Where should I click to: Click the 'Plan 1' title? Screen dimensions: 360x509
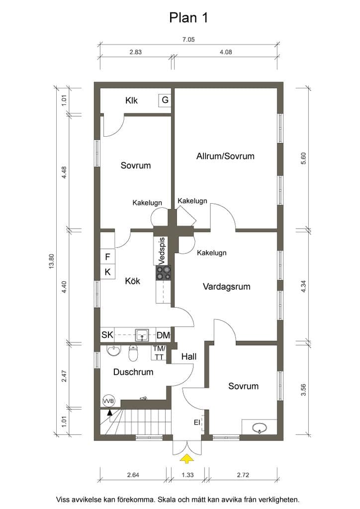188,17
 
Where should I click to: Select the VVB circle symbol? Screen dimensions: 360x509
109,401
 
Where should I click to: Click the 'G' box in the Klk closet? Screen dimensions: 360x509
165,100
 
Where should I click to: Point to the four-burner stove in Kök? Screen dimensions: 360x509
163,273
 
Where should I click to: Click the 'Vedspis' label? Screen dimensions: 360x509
162,251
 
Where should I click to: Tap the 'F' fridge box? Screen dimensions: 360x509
107,257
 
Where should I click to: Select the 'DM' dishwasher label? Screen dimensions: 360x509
163,335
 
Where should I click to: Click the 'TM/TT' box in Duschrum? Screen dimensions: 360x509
159,353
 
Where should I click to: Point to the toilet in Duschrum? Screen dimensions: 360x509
133,353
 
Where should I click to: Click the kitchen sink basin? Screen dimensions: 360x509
142,335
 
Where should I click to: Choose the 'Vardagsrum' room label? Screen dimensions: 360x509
227,287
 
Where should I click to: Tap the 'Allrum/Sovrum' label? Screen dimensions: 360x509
225,156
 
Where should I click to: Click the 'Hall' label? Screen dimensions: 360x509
189,357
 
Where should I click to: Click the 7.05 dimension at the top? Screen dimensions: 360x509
188,40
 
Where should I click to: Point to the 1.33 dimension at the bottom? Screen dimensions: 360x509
187,475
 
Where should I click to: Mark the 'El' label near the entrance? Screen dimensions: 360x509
197,423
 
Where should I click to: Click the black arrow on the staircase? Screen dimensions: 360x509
110,413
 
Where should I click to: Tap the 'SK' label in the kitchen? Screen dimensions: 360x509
107,335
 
